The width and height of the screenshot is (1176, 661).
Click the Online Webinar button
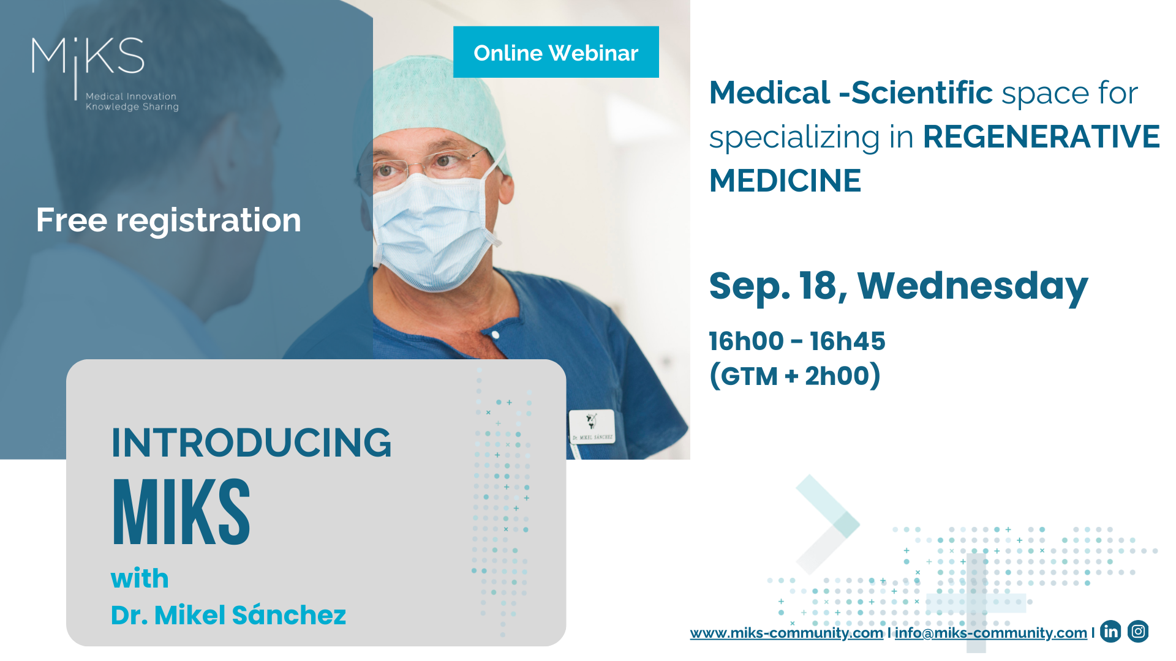pos(556,53)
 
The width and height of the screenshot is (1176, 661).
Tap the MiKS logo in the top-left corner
pos(88,57)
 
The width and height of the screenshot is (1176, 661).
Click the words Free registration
pos(168,220)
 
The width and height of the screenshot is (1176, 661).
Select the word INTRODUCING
pos(251,443)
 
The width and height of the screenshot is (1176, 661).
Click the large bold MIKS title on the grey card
pos(181,513)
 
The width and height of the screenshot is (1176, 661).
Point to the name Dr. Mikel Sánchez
pos(228,615)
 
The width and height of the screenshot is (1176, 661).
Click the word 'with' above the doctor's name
pos(140,578)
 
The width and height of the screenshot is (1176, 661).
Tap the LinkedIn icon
pos(1110,631)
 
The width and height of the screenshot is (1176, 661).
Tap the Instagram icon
pos(1138,631)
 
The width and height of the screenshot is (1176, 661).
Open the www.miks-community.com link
pos(786,633)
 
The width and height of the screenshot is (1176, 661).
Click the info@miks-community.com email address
pos(990,633)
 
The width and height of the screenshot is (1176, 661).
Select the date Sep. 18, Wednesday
pos(898,286)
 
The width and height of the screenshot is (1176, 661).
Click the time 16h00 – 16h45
pos(797,341)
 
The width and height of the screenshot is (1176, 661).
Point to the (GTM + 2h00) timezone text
pos(794,376)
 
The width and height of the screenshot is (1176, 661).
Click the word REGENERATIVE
pos(1041,136)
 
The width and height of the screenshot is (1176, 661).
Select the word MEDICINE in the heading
pos(785,181)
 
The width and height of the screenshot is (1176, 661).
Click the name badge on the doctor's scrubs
pos(592,427)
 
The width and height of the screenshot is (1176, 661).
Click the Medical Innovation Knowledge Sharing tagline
pos(132,102)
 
